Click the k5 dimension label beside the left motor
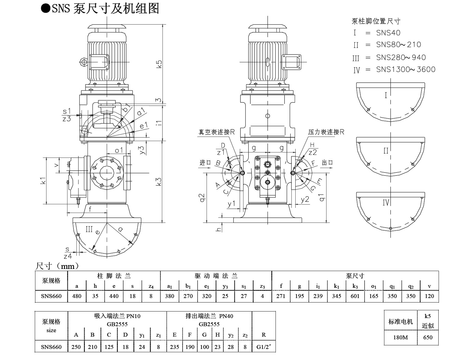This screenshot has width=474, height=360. coord(159,64)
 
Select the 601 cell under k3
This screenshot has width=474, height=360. coord(355,296)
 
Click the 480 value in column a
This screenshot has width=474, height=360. coord(77,296)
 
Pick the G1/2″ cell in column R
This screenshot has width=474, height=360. coord(264,347)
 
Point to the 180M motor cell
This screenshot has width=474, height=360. coord(401,337)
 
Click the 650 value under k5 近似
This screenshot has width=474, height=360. coord(428,337)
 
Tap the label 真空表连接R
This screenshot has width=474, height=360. coord(217,132)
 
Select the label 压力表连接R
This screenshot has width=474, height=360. coord(326,132)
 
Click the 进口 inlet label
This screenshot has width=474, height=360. coord(205,163)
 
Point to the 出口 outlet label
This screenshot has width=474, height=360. coord(327,163)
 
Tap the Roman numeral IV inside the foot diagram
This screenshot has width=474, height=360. coord(386,203)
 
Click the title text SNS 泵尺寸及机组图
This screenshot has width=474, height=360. coord(105,8)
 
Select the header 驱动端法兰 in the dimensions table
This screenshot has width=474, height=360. coord(216,276)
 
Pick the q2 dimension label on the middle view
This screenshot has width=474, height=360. coord(202,198)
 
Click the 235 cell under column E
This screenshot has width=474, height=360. coord(174,347)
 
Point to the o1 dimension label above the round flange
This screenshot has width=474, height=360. coord(119,150)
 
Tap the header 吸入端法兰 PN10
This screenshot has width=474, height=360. coord(117,316)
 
